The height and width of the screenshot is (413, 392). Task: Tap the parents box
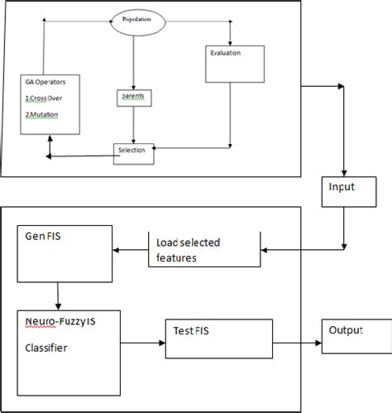coord(132,97)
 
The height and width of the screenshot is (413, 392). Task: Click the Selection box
coord(133,151)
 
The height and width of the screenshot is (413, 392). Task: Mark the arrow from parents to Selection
coord(133,124)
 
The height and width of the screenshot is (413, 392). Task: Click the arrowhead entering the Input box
coord(342,170)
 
